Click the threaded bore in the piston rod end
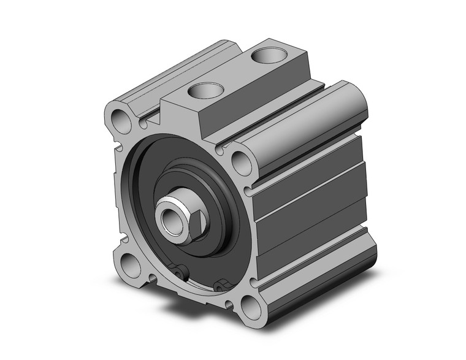167,216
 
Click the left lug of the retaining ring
179,270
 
